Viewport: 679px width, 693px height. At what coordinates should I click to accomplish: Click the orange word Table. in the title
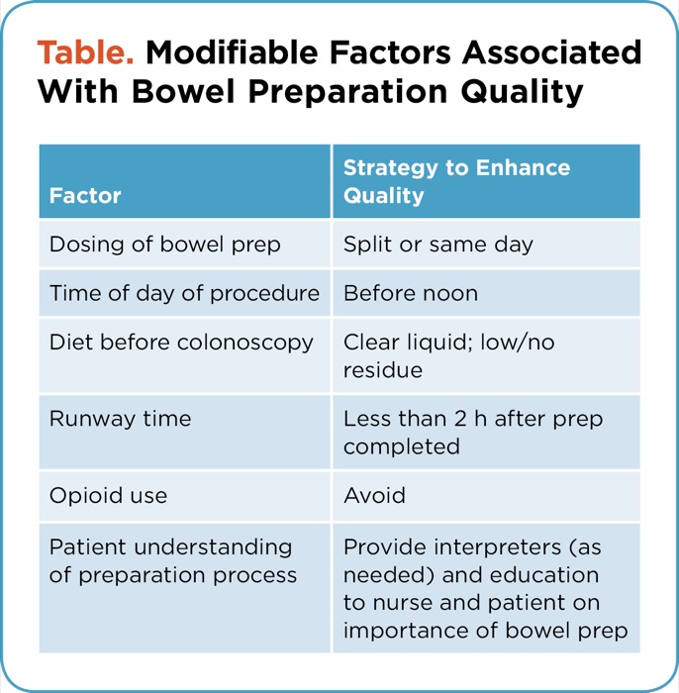point(85,52)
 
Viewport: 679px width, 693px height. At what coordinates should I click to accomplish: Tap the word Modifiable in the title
point(232,52)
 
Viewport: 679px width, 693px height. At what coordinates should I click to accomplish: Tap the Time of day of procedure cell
point(184,293)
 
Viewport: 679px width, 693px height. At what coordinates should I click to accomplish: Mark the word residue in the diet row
point(383,370)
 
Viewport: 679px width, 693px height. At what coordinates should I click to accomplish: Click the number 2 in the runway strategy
point(460,419)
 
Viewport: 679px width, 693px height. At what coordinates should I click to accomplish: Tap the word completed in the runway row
point(402,446)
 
